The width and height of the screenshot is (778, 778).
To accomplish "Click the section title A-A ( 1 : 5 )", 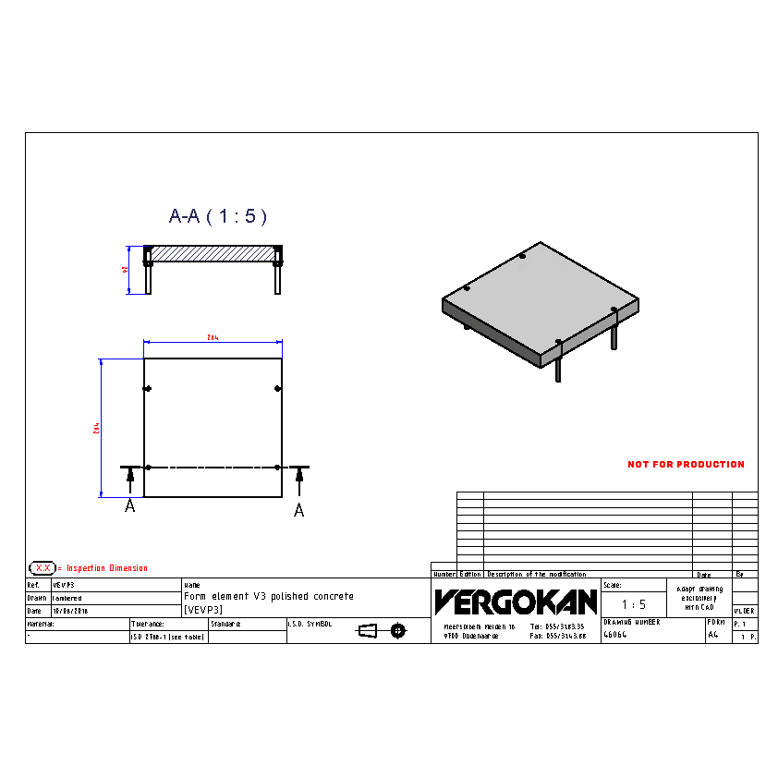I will coord(218,216).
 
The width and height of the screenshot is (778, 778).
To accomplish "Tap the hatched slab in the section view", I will coord(213,253).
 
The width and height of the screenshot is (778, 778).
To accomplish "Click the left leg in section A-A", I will coord(148,277).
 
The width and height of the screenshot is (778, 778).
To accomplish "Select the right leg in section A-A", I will coord(277,277).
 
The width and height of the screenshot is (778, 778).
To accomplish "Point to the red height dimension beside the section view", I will coord(125,270).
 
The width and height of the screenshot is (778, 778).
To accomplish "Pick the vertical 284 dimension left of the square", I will coord(97,428).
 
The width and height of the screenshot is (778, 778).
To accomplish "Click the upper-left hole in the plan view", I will coord(147,388).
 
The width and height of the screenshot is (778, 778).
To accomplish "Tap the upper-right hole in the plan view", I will coord(277,388).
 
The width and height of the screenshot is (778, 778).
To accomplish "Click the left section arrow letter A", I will coord(130,506).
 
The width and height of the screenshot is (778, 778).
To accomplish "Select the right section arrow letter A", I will coord(298,510).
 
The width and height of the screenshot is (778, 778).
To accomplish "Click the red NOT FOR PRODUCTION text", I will coord(686,465).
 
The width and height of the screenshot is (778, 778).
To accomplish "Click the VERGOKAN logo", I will coord(516,602).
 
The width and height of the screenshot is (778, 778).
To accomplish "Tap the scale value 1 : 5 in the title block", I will coord(633,604).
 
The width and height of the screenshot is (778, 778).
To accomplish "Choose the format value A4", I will coord(712,636).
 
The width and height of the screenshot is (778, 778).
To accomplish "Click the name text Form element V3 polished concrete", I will coord(268,597).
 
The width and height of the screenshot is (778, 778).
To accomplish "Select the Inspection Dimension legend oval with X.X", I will coord(43,567).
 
